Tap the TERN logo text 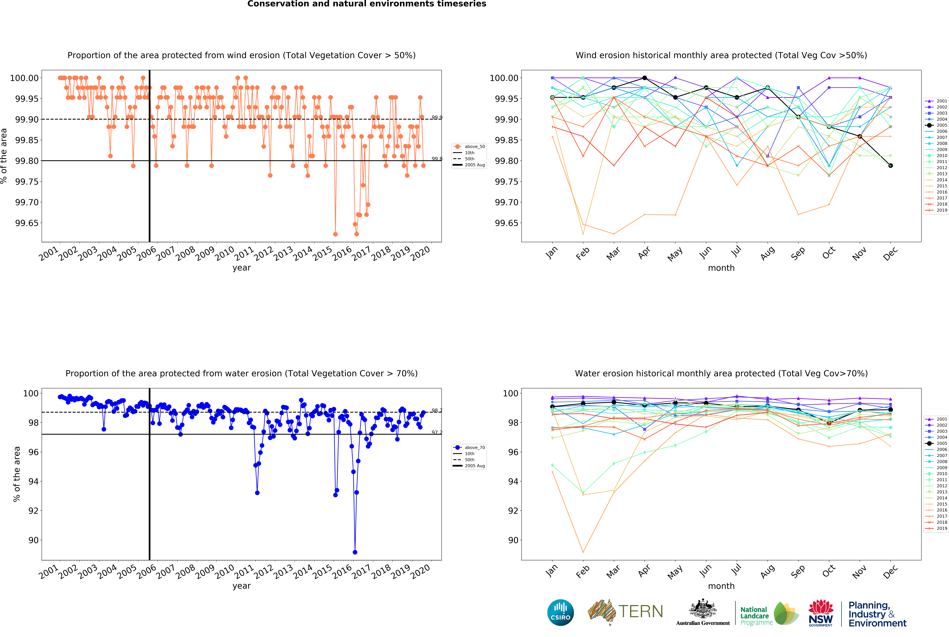tap(640, 611)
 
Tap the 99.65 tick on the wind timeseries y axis tap(27, 223)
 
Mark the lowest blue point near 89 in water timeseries tap(355, 552)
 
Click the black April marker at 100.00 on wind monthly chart tap(644, 78)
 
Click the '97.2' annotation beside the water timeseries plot tap(437, 433)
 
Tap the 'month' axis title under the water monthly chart tap(721, 586)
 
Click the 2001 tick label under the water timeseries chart tap(49, 572)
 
